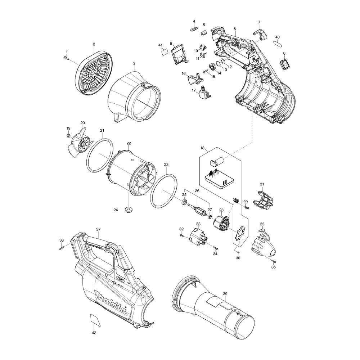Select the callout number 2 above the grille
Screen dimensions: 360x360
94,45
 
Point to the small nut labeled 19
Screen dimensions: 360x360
68,135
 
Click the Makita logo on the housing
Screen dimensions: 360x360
112,303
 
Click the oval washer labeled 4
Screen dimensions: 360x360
194,28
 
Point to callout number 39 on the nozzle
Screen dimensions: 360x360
225,294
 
